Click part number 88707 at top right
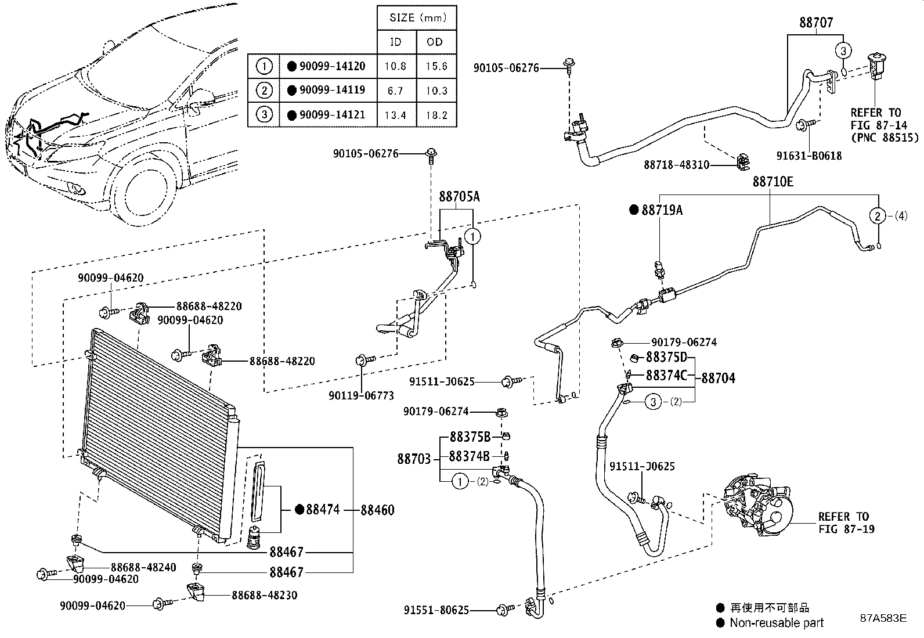point(815,23)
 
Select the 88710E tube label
point(773,182)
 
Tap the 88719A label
point(662,210)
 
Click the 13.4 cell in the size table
point(395,115)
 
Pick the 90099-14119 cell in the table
point(332,91)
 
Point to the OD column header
point(435,42)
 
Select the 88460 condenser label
point(377,510)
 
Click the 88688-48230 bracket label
point(266,595)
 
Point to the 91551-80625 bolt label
point(436,610)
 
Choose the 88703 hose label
point(414,459)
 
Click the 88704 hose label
point(718,379)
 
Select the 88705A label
point(459,197)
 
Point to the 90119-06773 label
point(361,395)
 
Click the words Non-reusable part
point(777,623)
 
